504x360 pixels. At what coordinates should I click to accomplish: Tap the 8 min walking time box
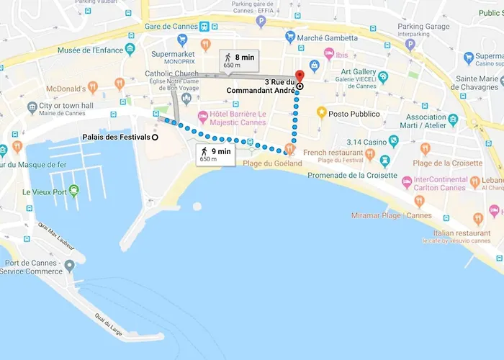tap(240, 60)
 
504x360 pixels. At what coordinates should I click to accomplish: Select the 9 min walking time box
tap(215, 154)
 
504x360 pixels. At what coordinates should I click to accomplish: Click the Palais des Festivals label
tap(114, 138)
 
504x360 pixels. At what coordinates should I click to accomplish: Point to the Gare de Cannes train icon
tap(206, 27)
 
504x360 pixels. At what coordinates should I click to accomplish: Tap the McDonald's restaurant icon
tap(120, 84)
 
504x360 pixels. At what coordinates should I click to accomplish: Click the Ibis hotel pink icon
tap(329, 54)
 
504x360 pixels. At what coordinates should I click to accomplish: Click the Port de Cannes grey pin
tap(69, 266)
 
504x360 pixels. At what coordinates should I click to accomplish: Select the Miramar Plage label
tap(392, 215)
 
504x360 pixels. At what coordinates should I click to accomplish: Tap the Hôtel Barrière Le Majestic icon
tap(204, 116)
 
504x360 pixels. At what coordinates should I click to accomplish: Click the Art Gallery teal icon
tap(383, 77)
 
